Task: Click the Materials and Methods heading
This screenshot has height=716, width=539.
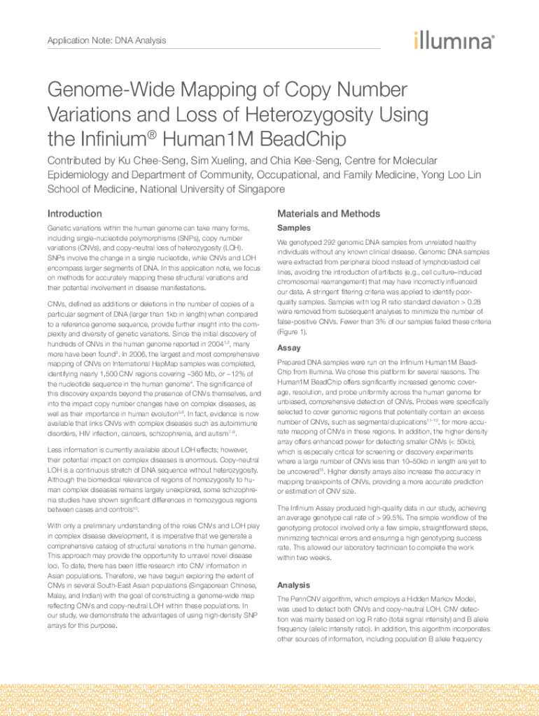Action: coord(328,213)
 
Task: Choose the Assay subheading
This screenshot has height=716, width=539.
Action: coord(289,348)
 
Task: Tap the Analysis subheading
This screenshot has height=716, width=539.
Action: coord(293,585)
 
